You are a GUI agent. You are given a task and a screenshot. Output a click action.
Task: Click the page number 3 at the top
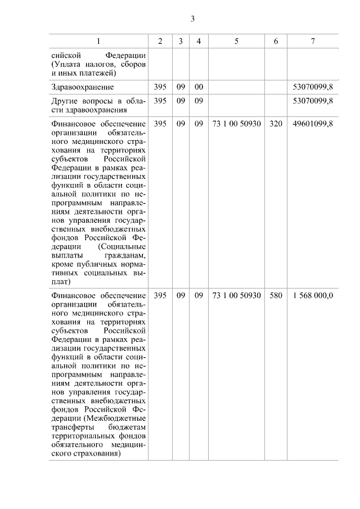(192, 19)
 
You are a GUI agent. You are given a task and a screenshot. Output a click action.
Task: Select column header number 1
(98, 41)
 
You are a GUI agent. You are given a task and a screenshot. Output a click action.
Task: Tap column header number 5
(236, 41)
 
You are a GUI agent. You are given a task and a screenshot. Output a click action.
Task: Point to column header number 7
(313, 41)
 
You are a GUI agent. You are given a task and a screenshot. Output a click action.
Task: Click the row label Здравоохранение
(82, 87)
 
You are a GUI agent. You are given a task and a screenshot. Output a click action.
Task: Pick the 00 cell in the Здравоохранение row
(199, 87)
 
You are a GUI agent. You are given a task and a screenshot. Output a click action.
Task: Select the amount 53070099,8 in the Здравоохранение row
(313, 87)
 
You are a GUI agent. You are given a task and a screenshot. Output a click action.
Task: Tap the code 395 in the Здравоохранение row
(160, 87)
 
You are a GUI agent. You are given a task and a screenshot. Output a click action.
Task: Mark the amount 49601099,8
(313, 124)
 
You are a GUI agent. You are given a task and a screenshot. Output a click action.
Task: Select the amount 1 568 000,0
(313, 295)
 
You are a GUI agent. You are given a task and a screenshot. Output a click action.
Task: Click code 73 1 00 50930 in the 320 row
(236, 124)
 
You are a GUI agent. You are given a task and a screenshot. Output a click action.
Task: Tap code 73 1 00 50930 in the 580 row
(236, 295)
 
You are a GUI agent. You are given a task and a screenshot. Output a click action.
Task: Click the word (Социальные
(122, 246)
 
